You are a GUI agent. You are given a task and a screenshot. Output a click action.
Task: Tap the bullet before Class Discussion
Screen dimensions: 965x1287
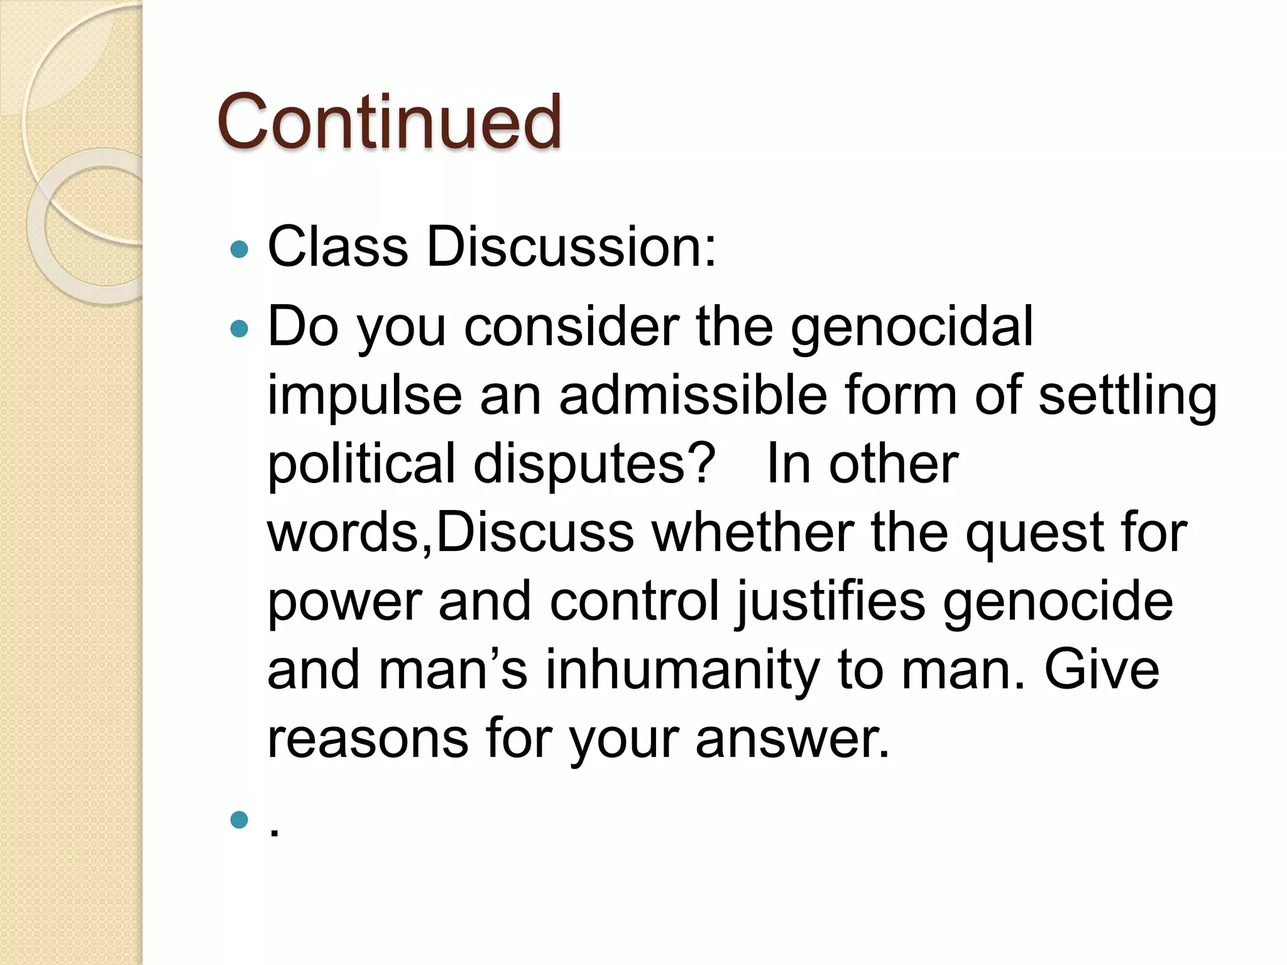[239, 250]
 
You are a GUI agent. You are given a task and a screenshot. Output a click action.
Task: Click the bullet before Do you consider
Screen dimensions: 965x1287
[239, 328]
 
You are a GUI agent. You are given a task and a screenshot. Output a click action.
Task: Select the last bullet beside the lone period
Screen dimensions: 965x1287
[239, 820]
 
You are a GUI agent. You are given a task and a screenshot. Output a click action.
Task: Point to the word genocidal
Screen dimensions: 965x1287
[911, 327]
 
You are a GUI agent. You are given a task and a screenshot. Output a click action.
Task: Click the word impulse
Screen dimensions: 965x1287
[364, 396]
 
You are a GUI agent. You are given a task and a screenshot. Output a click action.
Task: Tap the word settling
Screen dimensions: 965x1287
[1128, 396]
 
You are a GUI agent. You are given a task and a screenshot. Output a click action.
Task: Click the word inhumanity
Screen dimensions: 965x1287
[682, 670]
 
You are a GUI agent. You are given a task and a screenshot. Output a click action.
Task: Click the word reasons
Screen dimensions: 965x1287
[368, 738]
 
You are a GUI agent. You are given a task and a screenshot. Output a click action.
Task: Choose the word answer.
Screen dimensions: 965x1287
[792, 738]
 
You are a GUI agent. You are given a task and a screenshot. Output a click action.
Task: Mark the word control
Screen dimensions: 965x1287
[634, 601]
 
